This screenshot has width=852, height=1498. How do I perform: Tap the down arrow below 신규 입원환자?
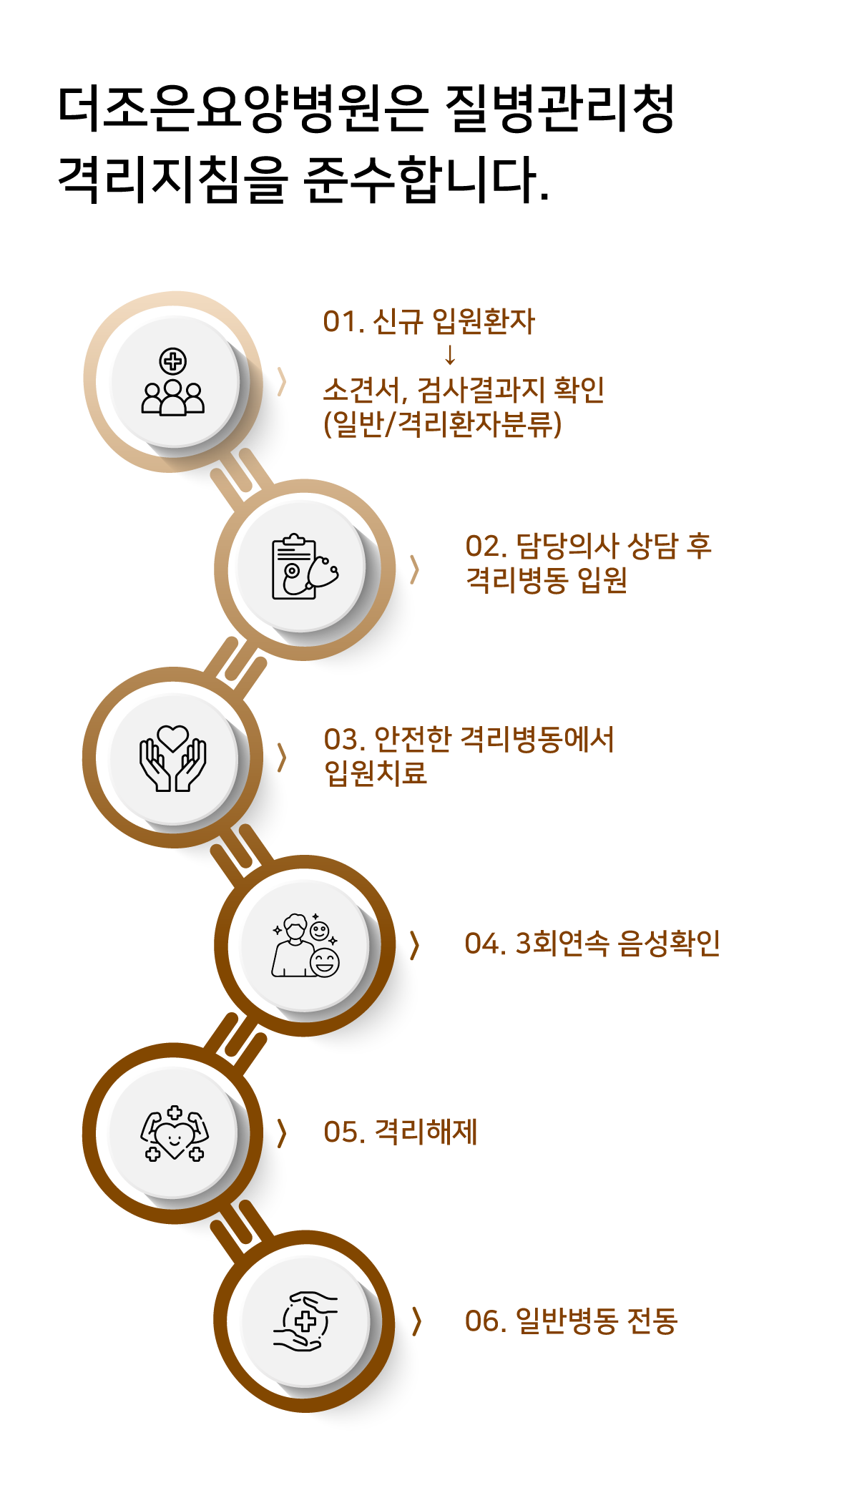pos(450,355)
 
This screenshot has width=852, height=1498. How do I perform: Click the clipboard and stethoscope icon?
pos(304,567)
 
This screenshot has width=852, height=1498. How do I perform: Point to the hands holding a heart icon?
pos(173,758)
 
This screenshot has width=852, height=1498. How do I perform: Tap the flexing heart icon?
pos(174,1133)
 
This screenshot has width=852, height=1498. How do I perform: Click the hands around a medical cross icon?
pos(305,1321)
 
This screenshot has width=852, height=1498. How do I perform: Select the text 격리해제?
pos(426,1132)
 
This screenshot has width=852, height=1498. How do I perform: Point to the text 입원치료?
pos(376,773)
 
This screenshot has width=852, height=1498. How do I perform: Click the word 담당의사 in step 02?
pos(567,547)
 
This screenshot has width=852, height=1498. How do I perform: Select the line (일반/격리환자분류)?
pos(443,424)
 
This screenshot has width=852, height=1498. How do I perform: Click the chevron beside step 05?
pos(281,1133)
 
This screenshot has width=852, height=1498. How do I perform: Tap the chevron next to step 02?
pos(413,570)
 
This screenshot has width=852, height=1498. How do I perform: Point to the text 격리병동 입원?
pos(547,580)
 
